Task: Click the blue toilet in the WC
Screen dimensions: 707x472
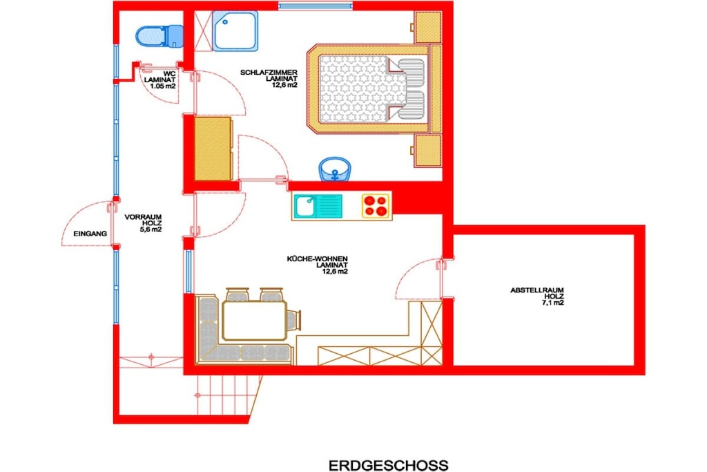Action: (x=159, y=36)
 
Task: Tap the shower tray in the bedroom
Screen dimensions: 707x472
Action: (x=235, y=30)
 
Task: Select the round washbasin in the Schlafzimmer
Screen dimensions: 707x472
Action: (x=335, y=169)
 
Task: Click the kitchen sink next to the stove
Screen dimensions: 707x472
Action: (x=318, y=206)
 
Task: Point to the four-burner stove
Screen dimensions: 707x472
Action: (x=376, y=206)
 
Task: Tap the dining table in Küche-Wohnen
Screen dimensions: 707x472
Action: (x=255, y=321)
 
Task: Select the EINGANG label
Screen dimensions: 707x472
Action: (x=90, y=234)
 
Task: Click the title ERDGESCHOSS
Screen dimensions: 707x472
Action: (x=388, y=465)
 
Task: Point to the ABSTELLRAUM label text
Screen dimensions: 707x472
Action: (x=536, y=290)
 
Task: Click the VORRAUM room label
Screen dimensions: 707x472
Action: (x=143, y=217)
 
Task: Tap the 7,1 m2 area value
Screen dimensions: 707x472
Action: (x=553, y=303)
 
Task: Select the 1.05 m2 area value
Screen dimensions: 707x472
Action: (x=163, y=86)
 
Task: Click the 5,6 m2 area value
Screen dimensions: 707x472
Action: (x=151, y=229)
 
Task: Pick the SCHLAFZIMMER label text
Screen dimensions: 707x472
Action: (x=269, y=72)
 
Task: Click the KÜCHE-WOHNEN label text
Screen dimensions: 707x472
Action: (x=317, y=259)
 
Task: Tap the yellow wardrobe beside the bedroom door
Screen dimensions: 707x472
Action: (x=213, y=149)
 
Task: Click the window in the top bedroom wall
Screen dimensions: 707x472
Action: (x=315, y=6)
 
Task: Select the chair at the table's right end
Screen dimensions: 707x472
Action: (x=293, y=320)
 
